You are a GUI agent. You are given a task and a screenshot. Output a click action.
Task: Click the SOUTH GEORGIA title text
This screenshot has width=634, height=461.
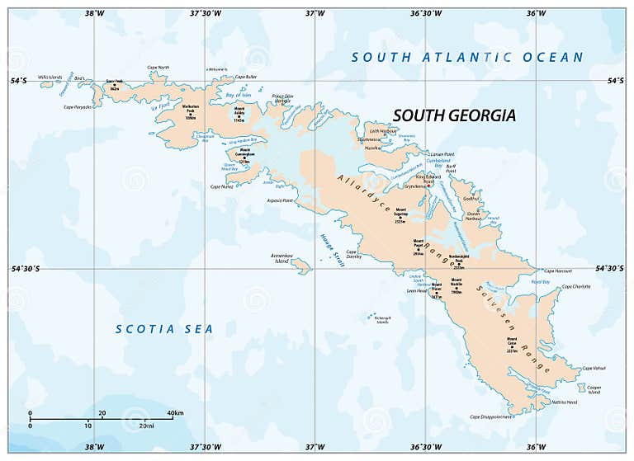pyautogui.click(x=453, y=115)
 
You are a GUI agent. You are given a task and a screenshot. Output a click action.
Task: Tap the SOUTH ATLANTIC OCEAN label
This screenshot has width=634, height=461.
pyautogui.click(x=467, y=58)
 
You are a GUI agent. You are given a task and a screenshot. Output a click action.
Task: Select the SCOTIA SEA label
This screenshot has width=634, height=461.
pyautogui.click(x=163, y=329)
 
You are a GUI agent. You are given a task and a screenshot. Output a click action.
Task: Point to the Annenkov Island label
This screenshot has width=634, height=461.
pyautogui.click(x=282, y=258)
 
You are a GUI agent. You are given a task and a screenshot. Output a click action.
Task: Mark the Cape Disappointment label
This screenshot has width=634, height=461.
pyautogui.click(x=491, y=416)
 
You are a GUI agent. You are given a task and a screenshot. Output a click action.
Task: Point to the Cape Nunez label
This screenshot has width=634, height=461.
pyautogui.click(x=223, y=186)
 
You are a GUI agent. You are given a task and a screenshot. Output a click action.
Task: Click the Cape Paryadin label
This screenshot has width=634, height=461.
pyautogui.click(x=77, y=106)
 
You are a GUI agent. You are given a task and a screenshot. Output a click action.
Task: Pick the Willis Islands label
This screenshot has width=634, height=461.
pyautogui.click(x=50, y=78)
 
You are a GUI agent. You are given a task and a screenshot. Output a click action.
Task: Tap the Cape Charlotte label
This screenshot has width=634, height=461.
pyautogui.click(x=576, y=286)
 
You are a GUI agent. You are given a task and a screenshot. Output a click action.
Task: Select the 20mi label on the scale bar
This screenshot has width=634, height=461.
pyautogui.click(x=147, y=426)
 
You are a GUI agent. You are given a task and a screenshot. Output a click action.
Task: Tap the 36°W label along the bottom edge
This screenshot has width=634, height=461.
pyautogui.click(x=536, y=447)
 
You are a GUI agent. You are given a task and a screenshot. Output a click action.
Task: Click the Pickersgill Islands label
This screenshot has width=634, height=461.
pyautogui.click(x=381, y=319)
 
